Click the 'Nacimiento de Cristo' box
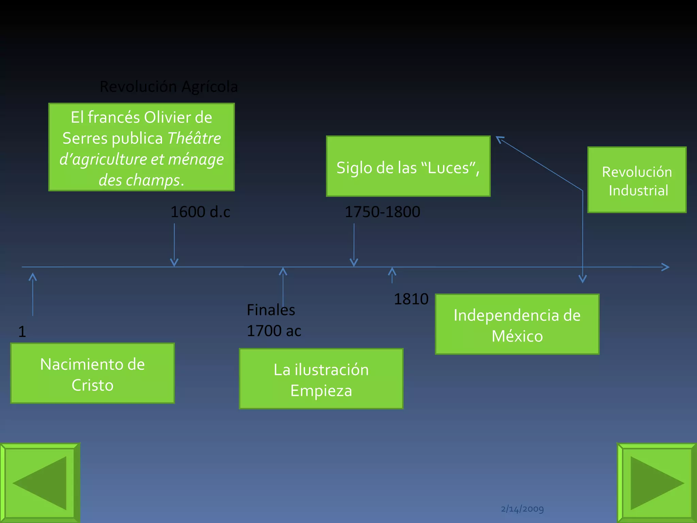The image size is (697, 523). (x=93, y=374)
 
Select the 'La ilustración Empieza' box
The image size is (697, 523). (x=321, y=379)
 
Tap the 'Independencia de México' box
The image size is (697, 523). (x=517, y=324)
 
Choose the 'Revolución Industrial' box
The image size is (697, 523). (x=637, y=180)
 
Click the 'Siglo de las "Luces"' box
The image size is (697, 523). (x=408, y=167)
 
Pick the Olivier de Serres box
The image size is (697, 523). (x=142, y=147)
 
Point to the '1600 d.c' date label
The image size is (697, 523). (x=200, y=212)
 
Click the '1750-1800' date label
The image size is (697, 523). (x=383, y=212)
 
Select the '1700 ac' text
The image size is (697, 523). (x=274, y=331)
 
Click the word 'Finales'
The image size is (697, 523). (x=271, y=310)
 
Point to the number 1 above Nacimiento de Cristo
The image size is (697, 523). (x=22, y=332)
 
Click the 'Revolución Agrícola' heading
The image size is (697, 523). (x=169, y=86)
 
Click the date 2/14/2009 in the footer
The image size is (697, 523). (x=522, y=509)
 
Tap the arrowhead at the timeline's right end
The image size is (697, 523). (x=665, y=267)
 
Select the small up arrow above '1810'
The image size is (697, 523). (x=392, y=274)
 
